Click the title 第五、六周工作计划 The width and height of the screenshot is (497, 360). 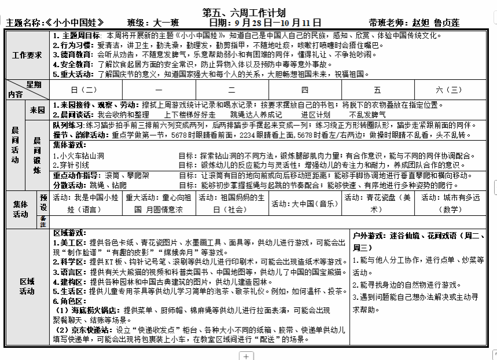point(243,13)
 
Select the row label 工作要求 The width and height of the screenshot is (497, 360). point(27,55)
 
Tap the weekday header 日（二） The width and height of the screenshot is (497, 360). point(83,90)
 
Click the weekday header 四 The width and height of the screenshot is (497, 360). point(305,90)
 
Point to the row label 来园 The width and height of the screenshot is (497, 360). point(38,110)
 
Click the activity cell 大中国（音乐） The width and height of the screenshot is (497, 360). point(305,204)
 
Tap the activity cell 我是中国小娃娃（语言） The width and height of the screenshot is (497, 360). point(87,203)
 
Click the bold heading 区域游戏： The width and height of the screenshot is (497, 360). point(70,233)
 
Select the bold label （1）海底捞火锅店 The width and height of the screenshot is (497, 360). point(88,310)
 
